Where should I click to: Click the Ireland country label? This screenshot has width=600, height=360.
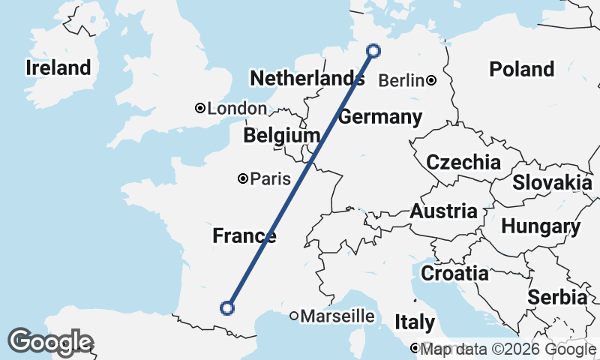click(x=58, y=67)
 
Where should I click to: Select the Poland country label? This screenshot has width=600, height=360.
click(x=521, y=70)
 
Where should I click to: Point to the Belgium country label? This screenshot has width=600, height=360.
click(x=281, y=136)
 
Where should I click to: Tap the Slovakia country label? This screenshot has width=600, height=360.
click(x=552, y=182)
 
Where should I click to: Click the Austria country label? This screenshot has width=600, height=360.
click(x=442, y=211)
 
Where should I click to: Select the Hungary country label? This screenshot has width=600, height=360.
click(x=540, y=226)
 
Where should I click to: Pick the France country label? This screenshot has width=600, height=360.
click(x=244, y=236)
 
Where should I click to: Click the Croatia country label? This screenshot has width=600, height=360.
click(x=454, y=274)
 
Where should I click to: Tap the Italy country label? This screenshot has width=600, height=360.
click(x=415, y=322)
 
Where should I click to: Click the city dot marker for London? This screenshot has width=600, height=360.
click(x=200, y=108)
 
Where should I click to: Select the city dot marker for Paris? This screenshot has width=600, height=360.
click(x=243, y=178)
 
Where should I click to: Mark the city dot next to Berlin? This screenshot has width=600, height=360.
click(x=432, y=80)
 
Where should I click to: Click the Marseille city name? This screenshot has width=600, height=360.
click(x=337, y=316)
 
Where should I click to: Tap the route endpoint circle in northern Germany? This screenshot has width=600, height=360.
click(x=373, y=51)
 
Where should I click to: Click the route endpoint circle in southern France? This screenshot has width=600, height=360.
click(x=226, y=307)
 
